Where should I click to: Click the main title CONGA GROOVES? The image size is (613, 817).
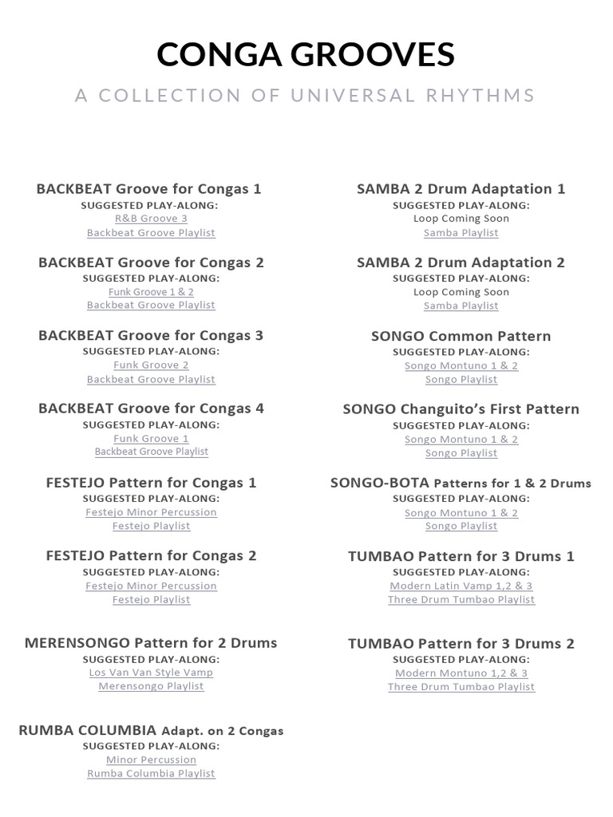[306, 54]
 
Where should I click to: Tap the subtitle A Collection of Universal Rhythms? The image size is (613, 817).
[306, 96]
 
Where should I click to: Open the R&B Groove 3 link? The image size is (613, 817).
[151, 219]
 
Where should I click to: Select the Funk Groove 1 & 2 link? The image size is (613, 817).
[151, 292]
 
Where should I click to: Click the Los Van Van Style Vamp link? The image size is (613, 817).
[151, 673]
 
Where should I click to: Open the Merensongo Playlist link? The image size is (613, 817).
[151, 686]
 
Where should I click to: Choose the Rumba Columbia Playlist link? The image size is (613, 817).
[151, 773]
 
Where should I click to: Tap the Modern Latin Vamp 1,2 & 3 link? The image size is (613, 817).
[461, 586]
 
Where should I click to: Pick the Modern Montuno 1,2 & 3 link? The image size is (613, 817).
[461, 673]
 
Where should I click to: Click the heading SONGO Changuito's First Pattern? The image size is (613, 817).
[461, 409]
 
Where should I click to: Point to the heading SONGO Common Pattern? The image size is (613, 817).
[461, 336]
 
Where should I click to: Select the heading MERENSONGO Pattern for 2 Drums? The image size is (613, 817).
[151, 643]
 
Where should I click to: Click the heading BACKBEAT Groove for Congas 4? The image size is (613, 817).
[151, 408]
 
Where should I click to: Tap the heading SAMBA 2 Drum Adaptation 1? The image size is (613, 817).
[461, 189]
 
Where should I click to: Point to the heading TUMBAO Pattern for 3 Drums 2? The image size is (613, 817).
[461, 644]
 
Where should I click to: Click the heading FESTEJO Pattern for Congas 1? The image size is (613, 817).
[151, 483]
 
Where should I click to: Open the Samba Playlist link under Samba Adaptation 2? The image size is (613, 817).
[461, 306]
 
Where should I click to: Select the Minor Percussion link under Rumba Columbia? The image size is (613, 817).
[151, 760]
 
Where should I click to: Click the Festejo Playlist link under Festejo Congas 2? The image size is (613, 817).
[151, 599]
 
